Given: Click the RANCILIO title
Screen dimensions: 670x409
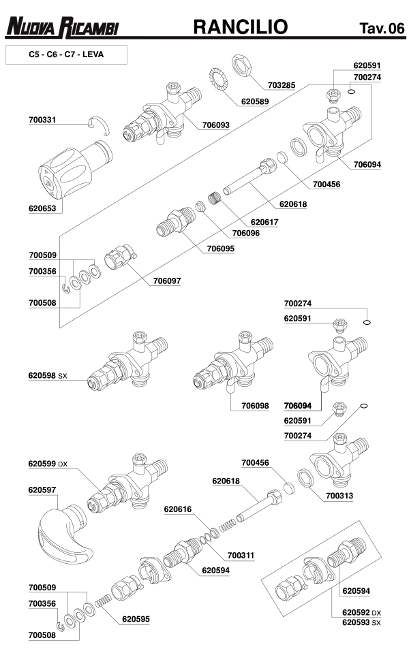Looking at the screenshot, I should coord(241,27).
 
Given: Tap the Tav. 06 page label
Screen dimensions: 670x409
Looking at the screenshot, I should coord(382,29).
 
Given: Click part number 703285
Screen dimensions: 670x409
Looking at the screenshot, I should coord(282,86).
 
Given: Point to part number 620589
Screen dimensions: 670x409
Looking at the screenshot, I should coord(256,101).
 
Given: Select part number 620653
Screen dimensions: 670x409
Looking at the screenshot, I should coord(42,209).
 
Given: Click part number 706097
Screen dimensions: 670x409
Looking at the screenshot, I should coord(167,281).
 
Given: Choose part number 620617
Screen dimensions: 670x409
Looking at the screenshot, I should coord(264,222).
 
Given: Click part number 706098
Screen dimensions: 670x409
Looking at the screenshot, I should coord(255,405).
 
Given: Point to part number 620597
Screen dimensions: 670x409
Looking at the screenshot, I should coord(42,490).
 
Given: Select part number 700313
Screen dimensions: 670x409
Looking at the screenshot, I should coord(339,496).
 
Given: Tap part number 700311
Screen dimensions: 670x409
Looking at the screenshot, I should coord(241,556).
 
